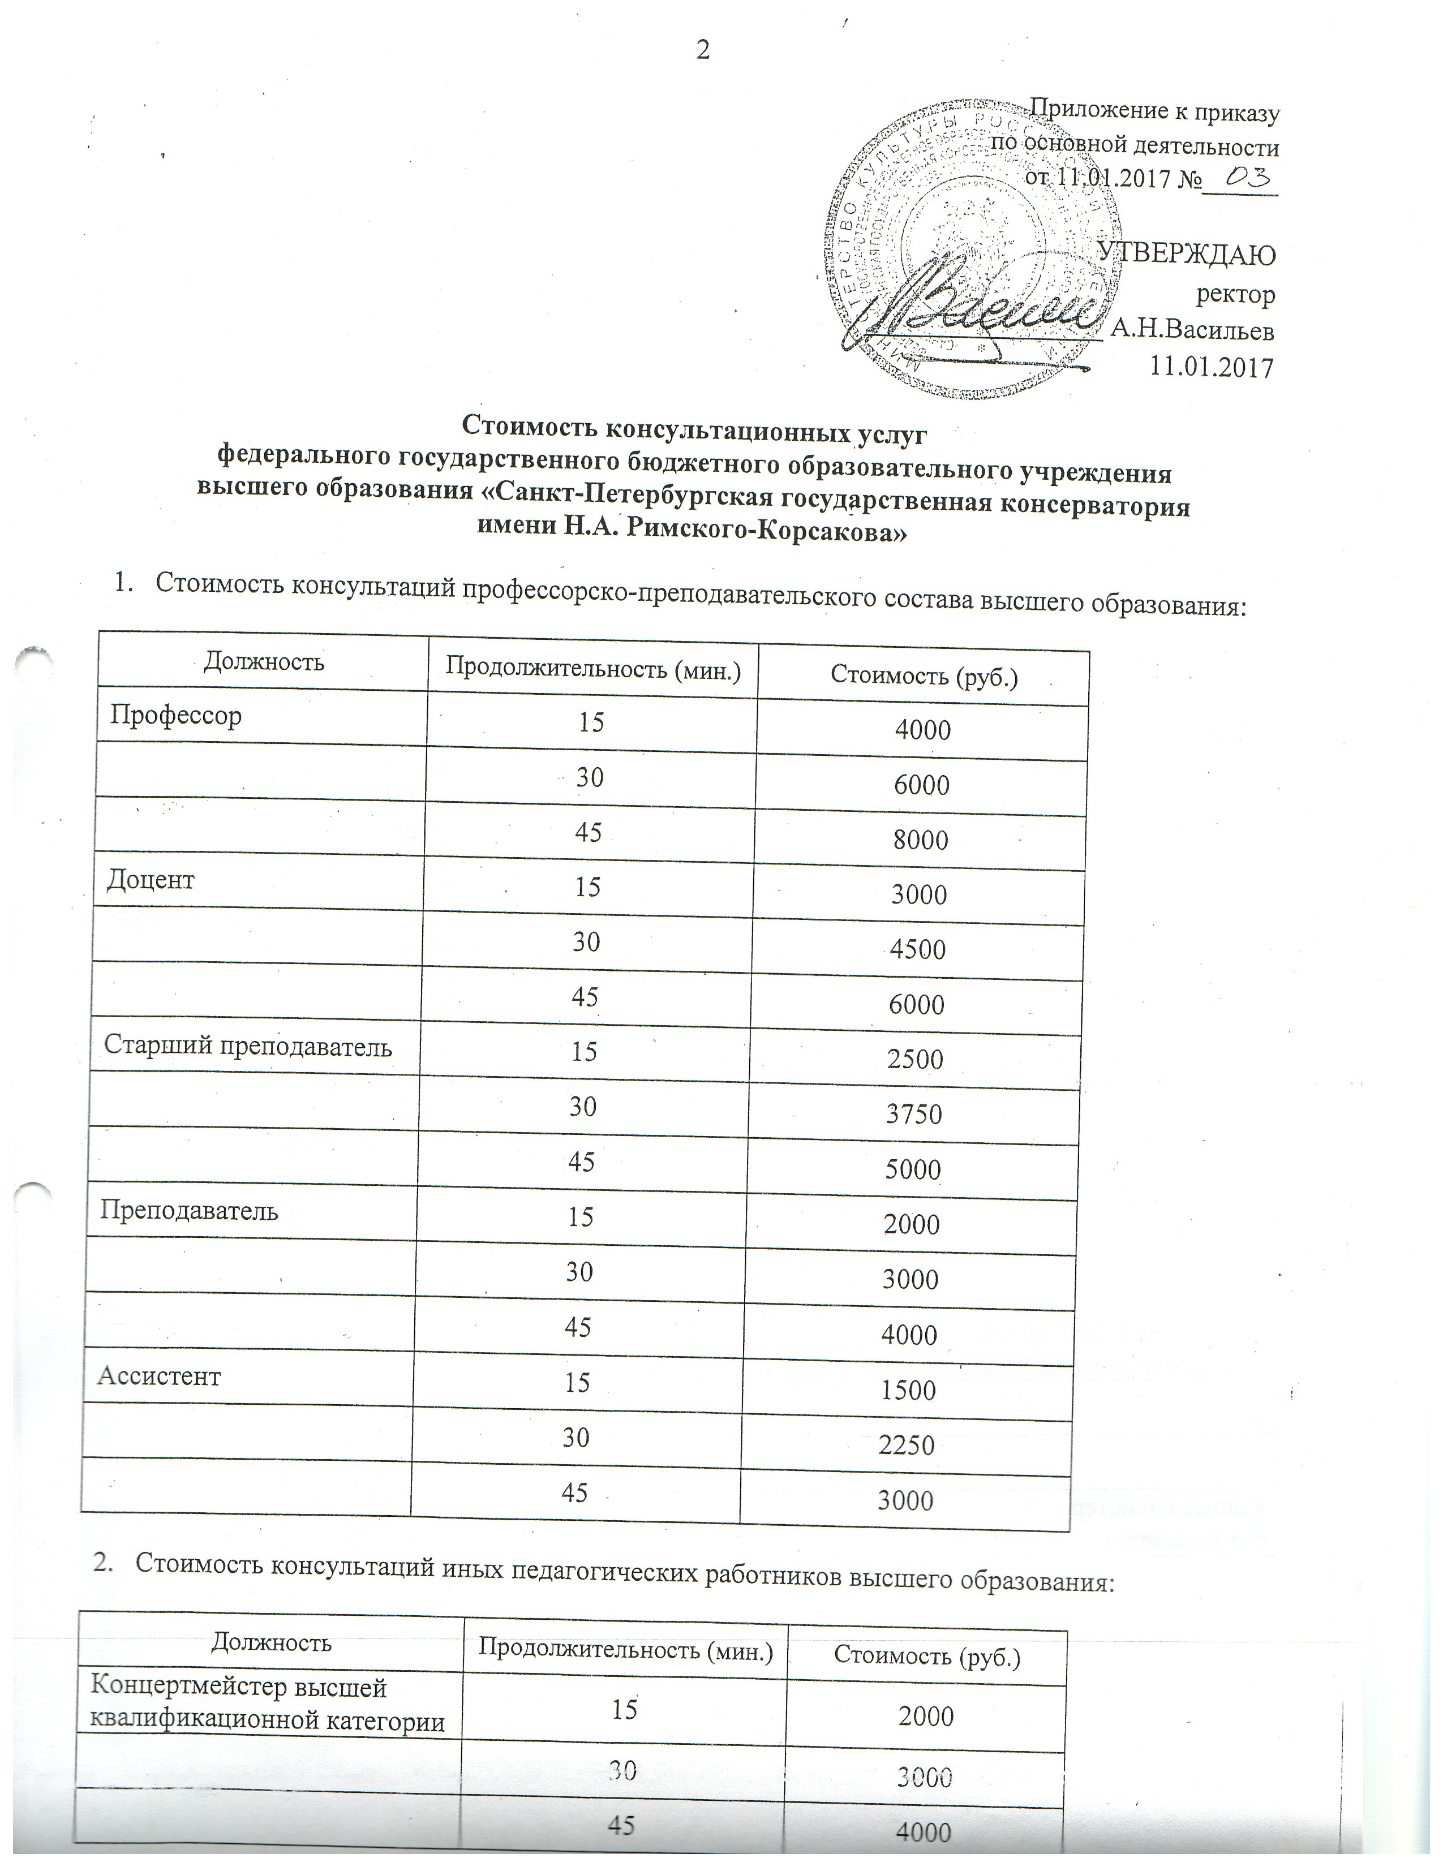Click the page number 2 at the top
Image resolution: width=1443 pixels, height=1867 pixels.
(x=703, y=50)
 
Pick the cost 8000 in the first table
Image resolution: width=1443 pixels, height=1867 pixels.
(x=921, y=840)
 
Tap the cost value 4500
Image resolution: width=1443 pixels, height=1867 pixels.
(x=918, y=949)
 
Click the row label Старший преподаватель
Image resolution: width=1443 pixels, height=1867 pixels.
(x=248, y=1046)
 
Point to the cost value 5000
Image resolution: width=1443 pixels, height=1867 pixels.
(x=913, y=1169)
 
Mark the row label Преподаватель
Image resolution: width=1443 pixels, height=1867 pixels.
(x=189, y=1211)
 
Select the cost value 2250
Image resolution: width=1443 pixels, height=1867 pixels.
(x=907, y=1445)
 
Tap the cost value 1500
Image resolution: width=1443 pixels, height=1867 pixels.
(x=909, y=1390)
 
